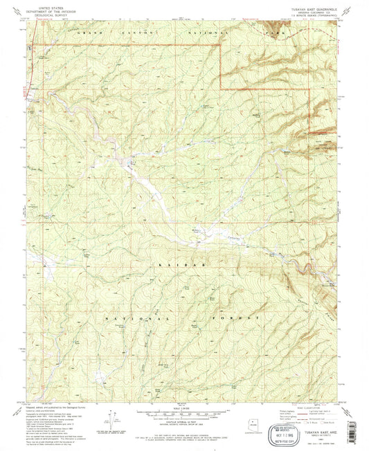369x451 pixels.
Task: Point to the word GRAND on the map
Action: click(x=89, y=33)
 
